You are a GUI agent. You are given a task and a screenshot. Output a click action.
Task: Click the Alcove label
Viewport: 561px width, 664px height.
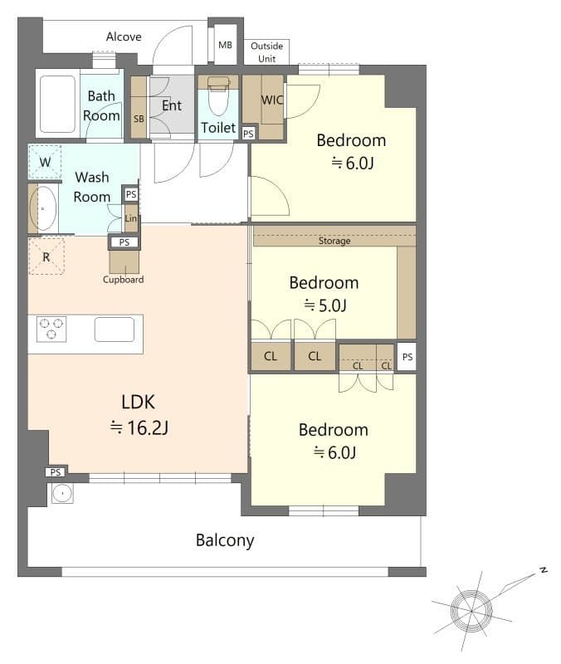click(x=124, y=37)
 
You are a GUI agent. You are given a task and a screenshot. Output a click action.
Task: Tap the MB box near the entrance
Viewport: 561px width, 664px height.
click(x=225, y=45)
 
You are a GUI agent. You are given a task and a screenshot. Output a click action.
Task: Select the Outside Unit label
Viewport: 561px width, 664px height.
click(x=266, y=51)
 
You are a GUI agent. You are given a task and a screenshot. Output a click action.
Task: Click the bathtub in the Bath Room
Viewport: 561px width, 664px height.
click(x=57, y=105)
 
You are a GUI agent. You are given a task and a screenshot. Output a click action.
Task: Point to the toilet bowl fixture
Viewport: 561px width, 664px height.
click(x=218, y=99)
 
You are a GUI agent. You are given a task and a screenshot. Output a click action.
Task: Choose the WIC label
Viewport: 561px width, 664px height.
click(x=271, y=100)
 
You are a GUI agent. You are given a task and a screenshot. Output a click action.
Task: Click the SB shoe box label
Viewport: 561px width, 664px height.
click(x=139, y=119)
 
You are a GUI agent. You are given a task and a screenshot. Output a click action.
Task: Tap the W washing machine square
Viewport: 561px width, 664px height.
click(x=45, y=162)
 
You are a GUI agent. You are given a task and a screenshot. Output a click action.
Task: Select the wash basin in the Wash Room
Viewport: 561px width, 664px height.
click(x=42, y=208)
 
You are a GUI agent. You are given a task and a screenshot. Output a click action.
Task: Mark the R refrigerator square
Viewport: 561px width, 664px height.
click(x=46, y=256)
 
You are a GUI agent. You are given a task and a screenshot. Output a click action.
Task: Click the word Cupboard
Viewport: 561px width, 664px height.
click(x=124, y=280)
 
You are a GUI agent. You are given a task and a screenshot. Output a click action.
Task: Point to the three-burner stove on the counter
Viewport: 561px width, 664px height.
click(x=51, y=330)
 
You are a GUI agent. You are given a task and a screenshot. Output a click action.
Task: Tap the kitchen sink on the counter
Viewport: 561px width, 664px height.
click(x=115, y=330)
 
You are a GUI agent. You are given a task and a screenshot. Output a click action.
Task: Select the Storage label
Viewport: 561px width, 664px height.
click(x=334, y=242)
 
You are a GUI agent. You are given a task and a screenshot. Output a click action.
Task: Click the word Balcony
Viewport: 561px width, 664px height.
click(x=225, y=540)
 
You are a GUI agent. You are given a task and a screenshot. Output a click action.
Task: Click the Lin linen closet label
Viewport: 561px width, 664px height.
click(x=130, y=218)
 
